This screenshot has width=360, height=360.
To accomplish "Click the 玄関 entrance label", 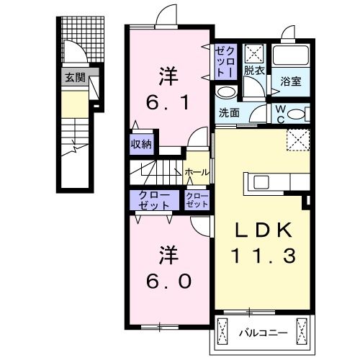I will pos(75,77).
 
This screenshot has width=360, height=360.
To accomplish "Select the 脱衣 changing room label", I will pos(253,71).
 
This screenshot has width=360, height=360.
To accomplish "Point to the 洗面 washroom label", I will pos(229,112).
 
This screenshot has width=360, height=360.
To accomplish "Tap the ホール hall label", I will pos(197,172).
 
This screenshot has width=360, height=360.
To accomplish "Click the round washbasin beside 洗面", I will pos(225,93).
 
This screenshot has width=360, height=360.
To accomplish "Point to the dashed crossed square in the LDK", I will pos(297,139).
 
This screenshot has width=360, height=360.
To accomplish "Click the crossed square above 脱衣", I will pos(254,53).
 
